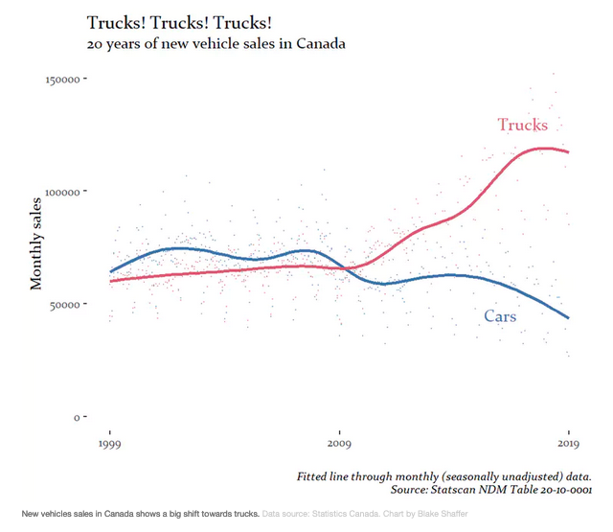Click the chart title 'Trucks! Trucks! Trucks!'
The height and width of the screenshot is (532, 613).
pos(186,22)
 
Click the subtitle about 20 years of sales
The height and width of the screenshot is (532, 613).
pos(216,44)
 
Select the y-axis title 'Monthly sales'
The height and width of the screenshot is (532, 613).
pos(36,243)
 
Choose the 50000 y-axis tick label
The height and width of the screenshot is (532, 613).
pos(64,304)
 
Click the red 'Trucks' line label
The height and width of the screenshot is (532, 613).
pos(522,126)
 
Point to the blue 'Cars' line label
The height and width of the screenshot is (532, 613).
pos(500,316)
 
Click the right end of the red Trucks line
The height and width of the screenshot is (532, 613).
pos(569,152)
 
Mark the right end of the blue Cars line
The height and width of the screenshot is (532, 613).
pos(569,318)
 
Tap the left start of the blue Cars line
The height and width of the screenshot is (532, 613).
pos(110,272)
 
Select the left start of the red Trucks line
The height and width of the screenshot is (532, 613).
pos(110,282)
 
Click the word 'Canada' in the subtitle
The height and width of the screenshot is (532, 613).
pos(320,44)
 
